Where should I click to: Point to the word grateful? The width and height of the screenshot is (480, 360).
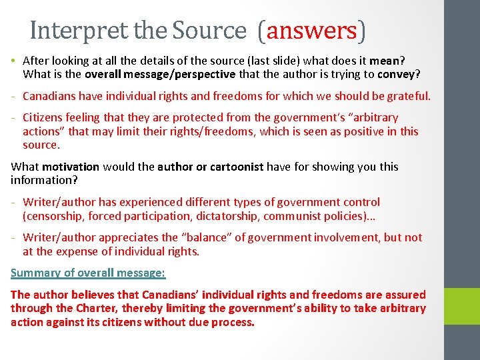tap(408, 96)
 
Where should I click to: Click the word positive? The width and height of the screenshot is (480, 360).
tap(361, 131)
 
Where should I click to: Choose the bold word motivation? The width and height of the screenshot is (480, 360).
tap(71, 167)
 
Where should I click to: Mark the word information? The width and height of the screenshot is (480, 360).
tap(42, 180)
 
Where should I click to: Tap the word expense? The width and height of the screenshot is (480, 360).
tap(81, 251)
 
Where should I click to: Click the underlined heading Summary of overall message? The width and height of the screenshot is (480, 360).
tap(88, 273)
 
